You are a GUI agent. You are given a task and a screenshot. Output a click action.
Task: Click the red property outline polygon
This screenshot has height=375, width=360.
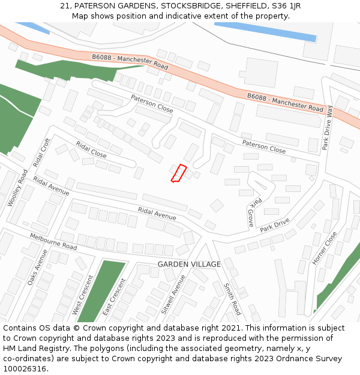tap(179, 173)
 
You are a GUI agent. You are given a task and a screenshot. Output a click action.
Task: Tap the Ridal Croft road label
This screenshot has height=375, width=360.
tap(42, 153)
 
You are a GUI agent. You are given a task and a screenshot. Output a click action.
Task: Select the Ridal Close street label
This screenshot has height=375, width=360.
tap(91, 150)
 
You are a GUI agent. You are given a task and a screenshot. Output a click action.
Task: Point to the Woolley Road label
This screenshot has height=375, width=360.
tap(18, 188)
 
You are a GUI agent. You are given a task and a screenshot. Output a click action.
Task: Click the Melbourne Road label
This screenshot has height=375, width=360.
tap(53, 242)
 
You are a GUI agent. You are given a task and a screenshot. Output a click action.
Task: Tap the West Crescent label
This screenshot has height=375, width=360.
tap(76, 295)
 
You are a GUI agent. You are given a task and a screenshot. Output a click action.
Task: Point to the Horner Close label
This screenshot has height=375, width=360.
tap(325, 248)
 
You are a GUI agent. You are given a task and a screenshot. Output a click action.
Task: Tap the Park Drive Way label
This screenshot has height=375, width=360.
tap(328, 128)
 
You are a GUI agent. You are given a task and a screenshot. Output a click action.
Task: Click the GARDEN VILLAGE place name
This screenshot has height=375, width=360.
tap(189, 264)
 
